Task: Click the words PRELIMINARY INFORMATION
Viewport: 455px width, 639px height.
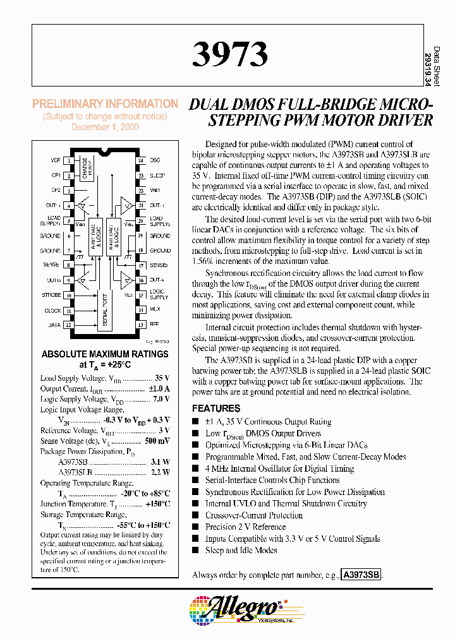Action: (x=105, y=104)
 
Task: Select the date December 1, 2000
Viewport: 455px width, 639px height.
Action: (x=105, y=127)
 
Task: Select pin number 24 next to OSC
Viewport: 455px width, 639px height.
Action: (x=141, y=160)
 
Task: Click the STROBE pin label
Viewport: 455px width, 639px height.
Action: (x=52, y=295)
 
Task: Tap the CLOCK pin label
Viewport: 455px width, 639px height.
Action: (x=52, y=310)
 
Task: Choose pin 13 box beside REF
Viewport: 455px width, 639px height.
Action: (x=141, y=325)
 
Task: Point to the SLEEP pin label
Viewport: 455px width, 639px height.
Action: (x=157, y=176)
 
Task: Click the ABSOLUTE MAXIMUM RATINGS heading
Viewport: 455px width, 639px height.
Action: (x=105, y=354)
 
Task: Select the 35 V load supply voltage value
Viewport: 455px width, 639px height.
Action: (x=162, y=378)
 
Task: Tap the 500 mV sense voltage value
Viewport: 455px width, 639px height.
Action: (x=157, y=441)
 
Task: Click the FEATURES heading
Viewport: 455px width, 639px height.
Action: (x=216, y=409)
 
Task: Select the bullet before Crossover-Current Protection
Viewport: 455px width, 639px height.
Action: (x=196, y=516)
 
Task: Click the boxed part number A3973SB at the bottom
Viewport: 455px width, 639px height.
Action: (x=361, y=575)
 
